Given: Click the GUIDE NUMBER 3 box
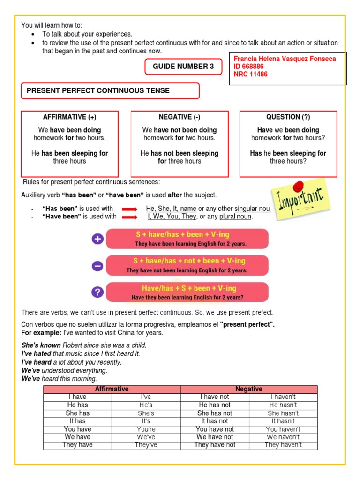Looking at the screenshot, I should pyautogui.click(x=183, y=67).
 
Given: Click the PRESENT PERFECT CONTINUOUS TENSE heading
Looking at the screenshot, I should pyautogui.click(x=98, y=90).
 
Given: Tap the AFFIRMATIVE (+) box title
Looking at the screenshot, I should pyautogui.click(x=69, y=117).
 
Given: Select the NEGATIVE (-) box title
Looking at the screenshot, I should pyautogui.click(x=180, y=117).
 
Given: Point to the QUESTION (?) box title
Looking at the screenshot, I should pyautogui.click(x=288, y=117).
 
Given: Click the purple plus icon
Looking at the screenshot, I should pyautogui.click(x=97, y=239).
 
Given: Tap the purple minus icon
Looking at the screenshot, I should pyautogui.click(x=97, y=266).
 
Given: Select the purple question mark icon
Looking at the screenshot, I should pyautogui.click(x=97, y=292).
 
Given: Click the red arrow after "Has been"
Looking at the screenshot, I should pyautogui.click(x=129, y=209).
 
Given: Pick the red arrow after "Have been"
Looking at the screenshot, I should pyautogui.click(x=129, y=217).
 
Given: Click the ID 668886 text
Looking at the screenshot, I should pyautogui.click(x=250, y=67).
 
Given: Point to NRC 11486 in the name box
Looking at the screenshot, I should pyautogui.click(x=250, y=74).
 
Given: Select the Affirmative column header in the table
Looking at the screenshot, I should pyautogui.click(x=112, y=389).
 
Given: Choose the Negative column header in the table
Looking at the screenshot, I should pyautogui.click(x=248, y=389).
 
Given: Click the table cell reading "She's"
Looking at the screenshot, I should pyautogui.click(x=146, y=413).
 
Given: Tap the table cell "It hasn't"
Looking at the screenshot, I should pyautogui.click(x=283, y=421).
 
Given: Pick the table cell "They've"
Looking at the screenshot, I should pyautogui.click(x=146, y=445).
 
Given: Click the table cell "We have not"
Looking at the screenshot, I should pyautogui.click(x=215, y=437).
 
